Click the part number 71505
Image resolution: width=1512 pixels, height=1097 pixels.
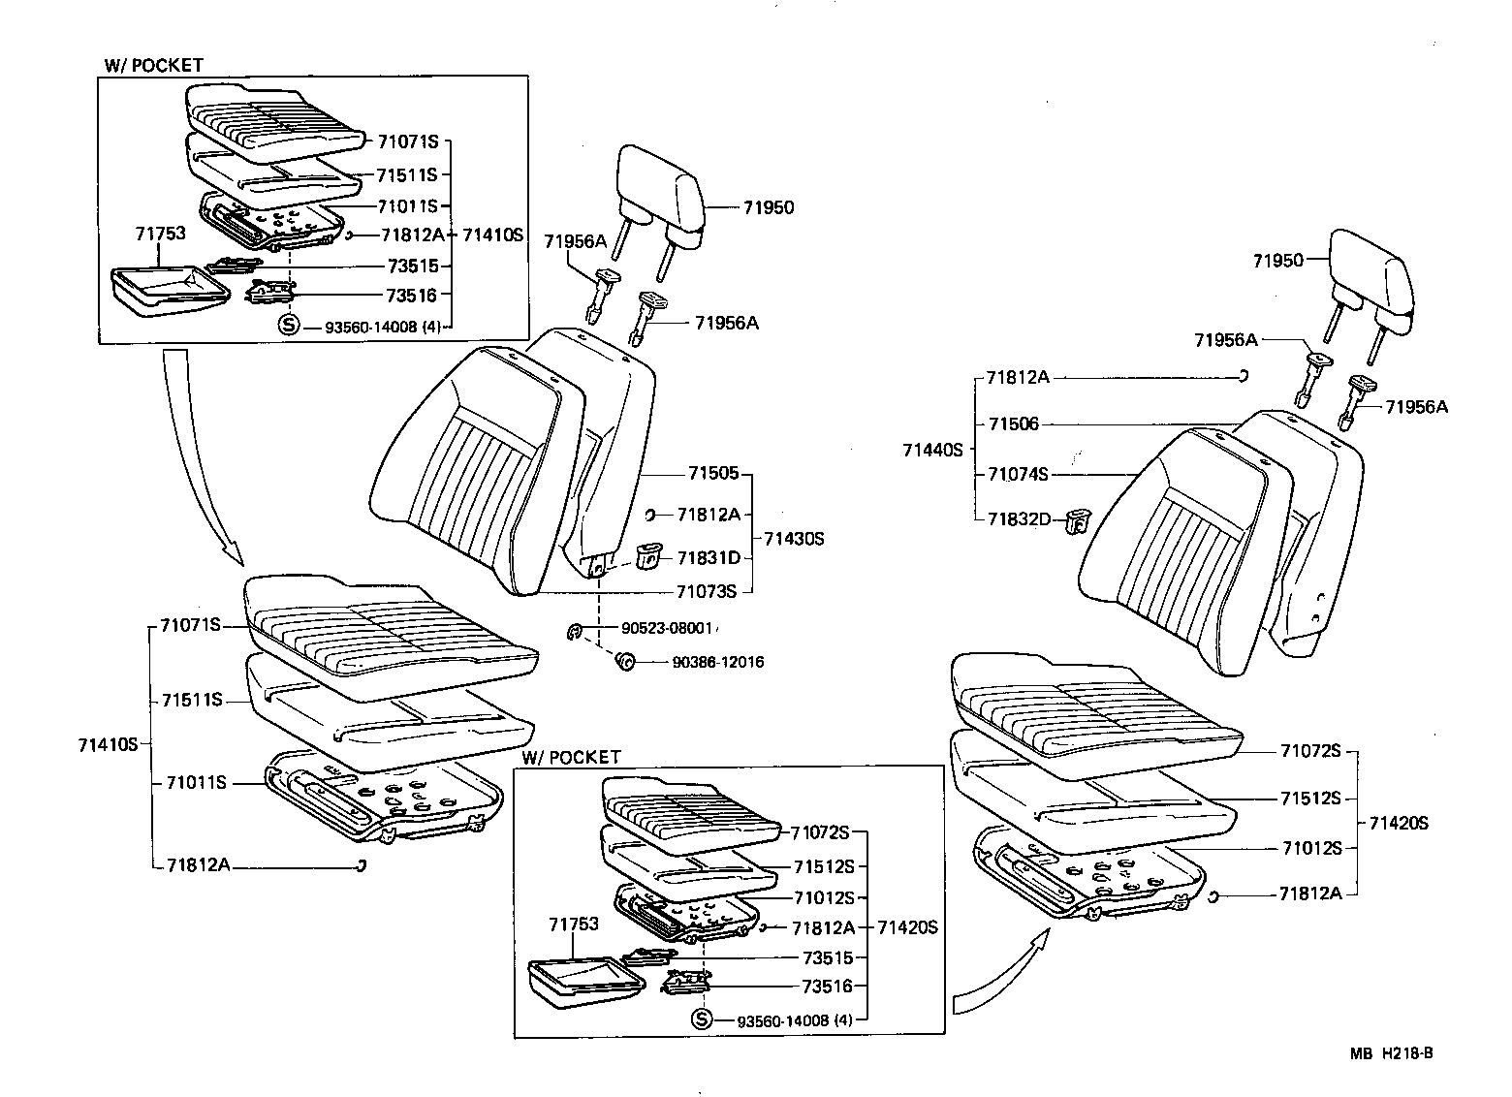click(713, 474)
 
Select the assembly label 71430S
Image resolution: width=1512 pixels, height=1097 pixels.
click(793, 538)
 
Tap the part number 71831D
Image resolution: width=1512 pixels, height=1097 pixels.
click(709, 557)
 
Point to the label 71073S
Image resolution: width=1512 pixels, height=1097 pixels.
click(707, 590)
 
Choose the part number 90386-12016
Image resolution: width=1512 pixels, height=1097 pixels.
click(717, 663)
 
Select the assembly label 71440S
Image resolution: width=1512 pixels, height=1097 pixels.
click(932, 450)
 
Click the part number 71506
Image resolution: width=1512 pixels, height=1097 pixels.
click(1013, 423)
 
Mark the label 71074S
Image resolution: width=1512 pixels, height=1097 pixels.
click(1018, 474)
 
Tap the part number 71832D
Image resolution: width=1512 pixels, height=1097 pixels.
click(1019, 519)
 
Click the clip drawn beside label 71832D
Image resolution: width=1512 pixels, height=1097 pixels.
click(1075, 521)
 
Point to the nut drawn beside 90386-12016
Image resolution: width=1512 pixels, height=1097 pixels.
click(624, 662)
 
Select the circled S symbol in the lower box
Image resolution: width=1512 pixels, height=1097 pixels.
click(702, 1019)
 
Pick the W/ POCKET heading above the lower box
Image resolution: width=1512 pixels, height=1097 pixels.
click(570, 757)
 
